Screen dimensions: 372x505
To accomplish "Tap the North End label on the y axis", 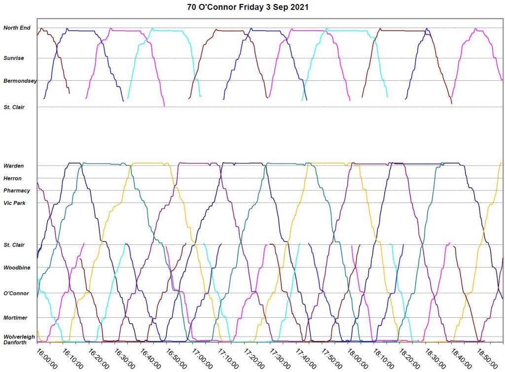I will click(x=17, y=28).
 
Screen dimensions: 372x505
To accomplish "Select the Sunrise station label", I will click(x=14, y=58).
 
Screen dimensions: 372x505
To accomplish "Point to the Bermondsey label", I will click(x=20, y=81).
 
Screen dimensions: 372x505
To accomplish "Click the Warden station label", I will click(x=13, y=166).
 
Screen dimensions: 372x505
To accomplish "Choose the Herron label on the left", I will click(x=12, y=178).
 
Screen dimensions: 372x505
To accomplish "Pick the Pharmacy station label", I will click(x=17, y=191).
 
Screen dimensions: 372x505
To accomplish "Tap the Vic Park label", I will click(x=14, y=203).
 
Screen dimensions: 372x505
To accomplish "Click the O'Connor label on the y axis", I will click(x=16, y=294).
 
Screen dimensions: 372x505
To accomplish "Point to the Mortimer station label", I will click(x=15, y=318).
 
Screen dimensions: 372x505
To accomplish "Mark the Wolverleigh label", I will click(x=19, y=337).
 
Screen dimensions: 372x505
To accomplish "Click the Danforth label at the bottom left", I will click(x=15, y=342).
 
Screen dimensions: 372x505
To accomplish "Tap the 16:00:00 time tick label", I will click(x=47, y=359).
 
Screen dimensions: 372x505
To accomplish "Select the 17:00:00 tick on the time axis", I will click(x=203, y=359).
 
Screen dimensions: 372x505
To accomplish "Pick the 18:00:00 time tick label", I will click(x=358, y=359).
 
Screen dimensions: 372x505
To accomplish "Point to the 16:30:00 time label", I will click(x=125, y=359).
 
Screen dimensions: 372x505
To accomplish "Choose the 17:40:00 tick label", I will click(x=306, y=359).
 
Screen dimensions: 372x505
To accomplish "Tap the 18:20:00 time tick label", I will click(x=409, y=359).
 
